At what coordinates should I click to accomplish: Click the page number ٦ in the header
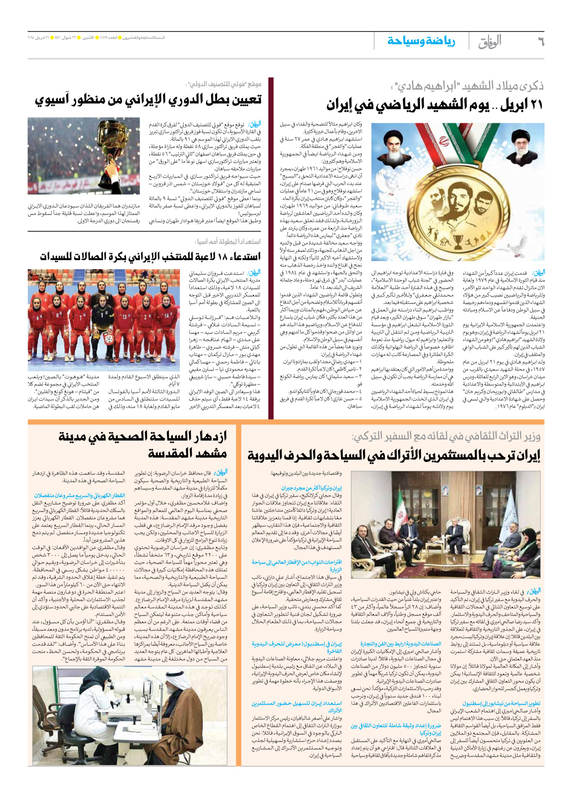[x=540, y=42]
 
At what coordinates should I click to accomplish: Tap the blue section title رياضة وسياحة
[x=421, y=41]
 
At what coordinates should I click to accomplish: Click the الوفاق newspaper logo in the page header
[x=490, y=42]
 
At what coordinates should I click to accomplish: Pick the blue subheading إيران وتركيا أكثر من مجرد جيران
[x=311, y=489]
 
